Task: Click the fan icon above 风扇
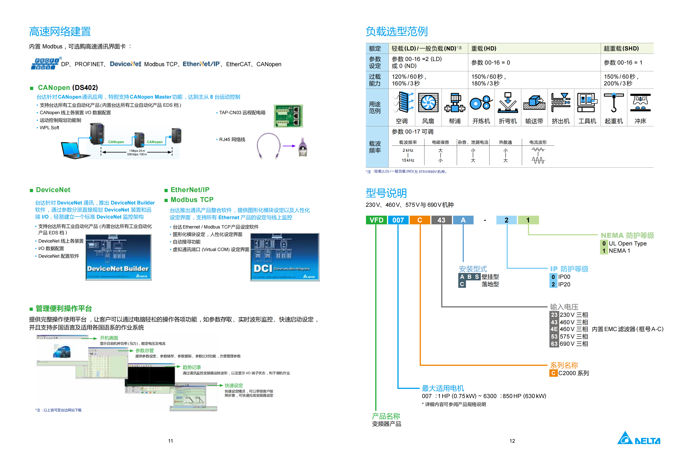click(428, 102)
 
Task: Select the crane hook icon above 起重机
click(613, 102)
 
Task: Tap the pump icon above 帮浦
click(454, 102)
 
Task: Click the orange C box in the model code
click(420, 220)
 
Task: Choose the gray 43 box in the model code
click(441, 220)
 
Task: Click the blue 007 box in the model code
click(398, 220)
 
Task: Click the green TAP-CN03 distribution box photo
click(288, 116)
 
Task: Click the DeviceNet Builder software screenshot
click(118, 257)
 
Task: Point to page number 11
click(170, 441)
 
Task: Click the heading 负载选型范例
click(397, 31)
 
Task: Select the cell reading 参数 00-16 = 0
click(491, 62)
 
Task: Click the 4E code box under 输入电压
click(554, 329)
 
